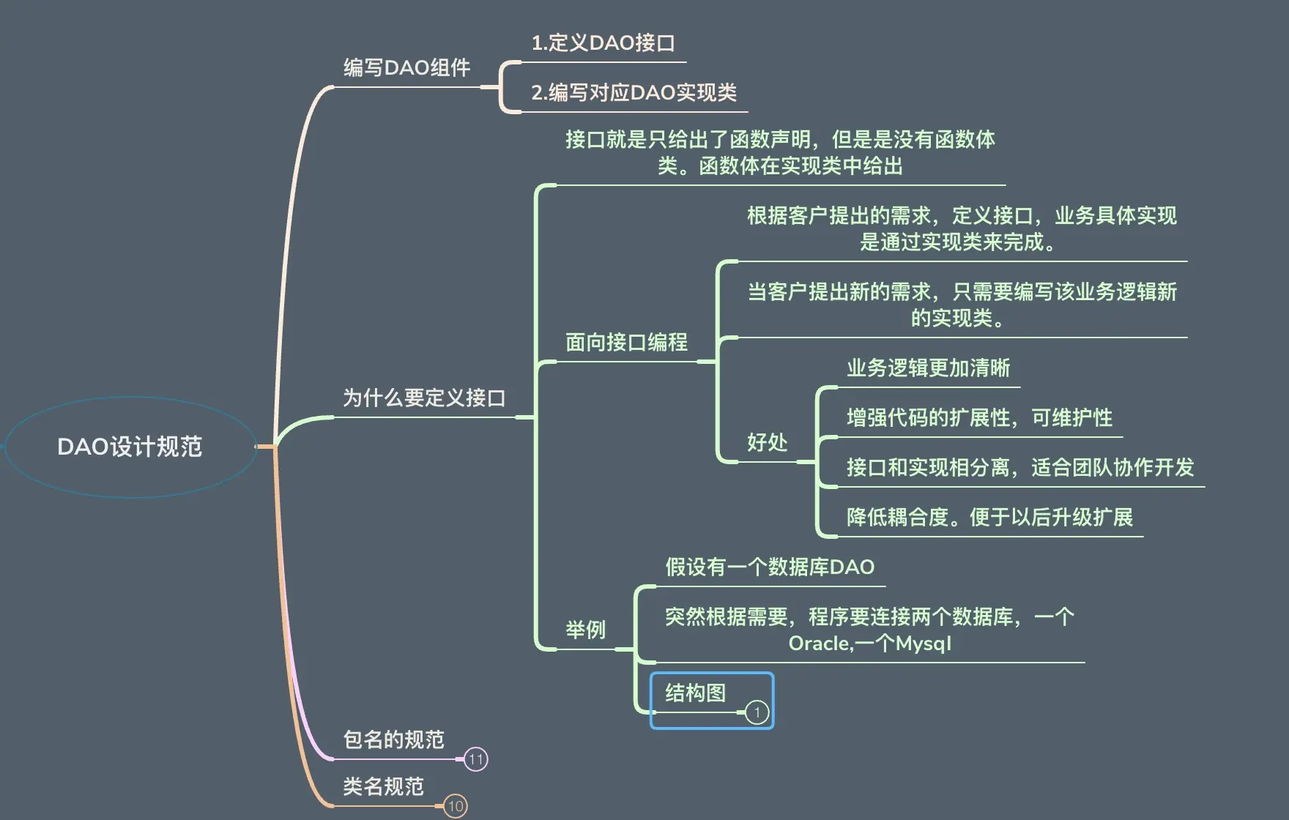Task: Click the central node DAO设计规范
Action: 130,447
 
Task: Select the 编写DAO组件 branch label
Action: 406,68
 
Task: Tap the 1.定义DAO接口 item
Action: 603,43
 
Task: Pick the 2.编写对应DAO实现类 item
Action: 634,93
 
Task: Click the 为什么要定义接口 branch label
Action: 424,398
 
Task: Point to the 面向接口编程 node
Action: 626,342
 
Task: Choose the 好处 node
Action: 767,442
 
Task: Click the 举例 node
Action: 585,630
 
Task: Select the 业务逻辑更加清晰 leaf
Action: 928,368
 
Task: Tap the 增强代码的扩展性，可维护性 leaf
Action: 979,417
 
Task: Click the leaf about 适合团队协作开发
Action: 1020,467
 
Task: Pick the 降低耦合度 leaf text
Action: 989,517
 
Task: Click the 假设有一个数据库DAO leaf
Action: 770,567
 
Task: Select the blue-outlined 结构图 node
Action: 696,693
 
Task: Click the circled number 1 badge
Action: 757,712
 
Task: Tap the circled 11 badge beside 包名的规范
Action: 476,759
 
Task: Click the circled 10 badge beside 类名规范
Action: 456,806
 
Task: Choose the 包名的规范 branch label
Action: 393,739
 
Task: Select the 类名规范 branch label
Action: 383,786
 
